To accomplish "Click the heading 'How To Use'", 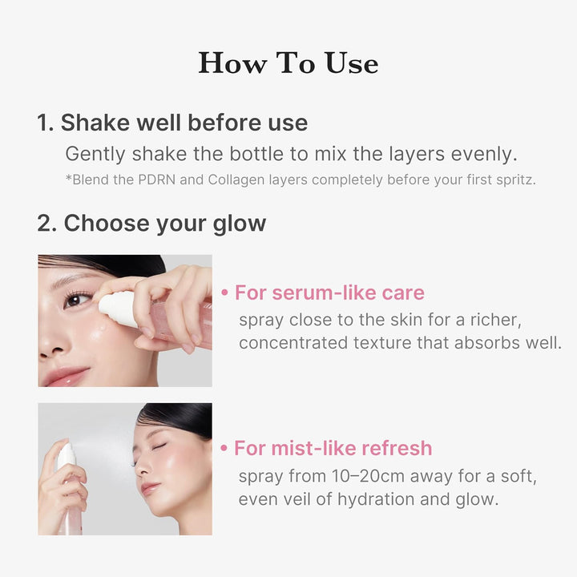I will [288, 63].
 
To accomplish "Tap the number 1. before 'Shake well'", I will [45, 123].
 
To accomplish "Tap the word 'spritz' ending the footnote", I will [513, 180].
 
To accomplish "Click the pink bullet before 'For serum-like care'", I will [225, 293].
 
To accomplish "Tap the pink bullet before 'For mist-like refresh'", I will [225, 449].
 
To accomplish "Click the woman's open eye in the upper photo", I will [77, 299].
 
